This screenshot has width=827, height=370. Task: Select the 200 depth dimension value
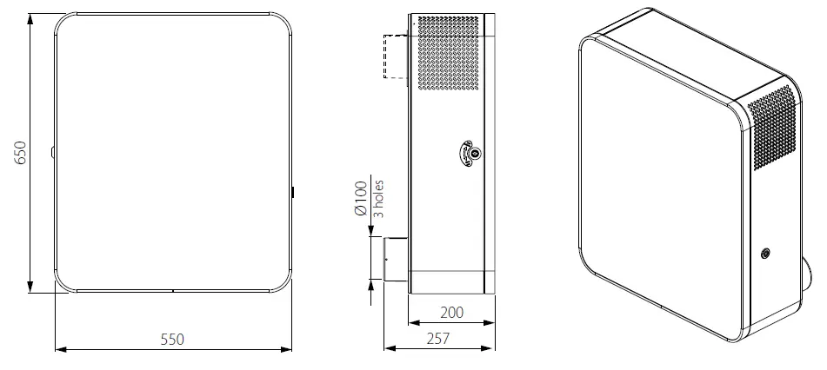pyautogui.click(x=451, y=312)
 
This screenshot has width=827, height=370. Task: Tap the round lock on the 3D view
pyautogui.click(x=765, y=254)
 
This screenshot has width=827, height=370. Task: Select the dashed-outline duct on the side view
pyautogui.click(x=394, y=57)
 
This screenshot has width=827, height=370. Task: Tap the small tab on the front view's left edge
pyautogui.click(x=54, y=153)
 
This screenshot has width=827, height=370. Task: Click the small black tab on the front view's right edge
pyautogui.click(x=293, y=190)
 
